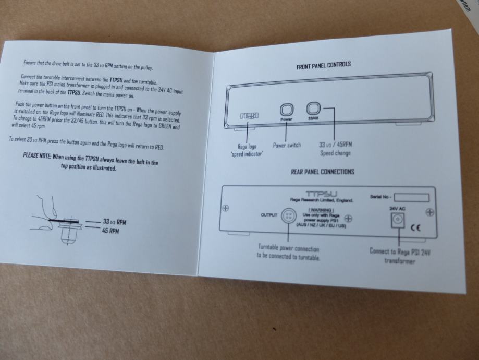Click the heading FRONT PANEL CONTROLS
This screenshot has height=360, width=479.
pyautogui.click(x=324, y=65)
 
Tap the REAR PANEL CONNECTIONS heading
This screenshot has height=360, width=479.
pyautogui.click(x=323, y=172)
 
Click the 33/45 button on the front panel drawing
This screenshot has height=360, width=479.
pyautogui.click(x=313, y=109)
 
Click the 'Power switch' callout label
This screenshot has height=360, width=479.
pyautogui.click(x=287, y=145)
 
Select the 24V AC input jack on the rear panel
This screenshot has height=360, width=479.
pyautogui.click(x=398, y=222)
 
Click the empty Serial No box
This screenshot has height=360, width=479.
pyautogui.click(x=411, y=198)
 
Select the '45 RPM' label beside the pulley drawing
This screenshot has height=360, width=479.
pyautogui.click(x=110, y=230)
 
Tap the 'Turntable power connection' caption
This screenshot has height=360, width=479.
pyautogui.click(x=288, y=248)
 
